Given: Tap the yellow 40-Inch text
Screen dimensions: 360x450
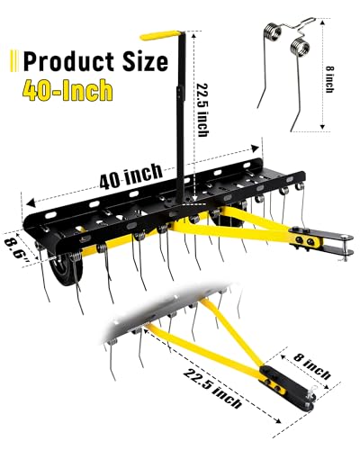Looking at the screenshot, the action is pyautogui.click(x=67, y=90).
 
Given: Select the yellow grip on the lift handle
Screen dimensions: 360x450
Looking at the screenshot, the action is pyautogui.click(x=160, y=35).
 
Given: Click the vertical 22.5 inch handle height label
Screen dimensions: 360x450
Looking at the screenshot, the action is pyautogui.click(x=202, y=110).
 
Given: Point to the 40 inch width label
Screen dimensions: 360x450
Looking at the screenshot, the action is pyautogui.click(x=131, y=175).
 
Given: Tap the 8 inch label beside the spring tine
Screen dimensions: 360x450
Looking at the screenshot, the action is pyautogui.click(x=329, y=79).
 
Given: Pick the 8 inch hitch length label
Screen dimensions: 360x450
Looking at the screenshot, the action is pyautogui.click(x=312, y=365).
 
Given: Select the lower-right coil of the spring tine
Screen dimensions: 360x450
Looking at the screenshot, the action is pyautogui.click(x=299, y=46).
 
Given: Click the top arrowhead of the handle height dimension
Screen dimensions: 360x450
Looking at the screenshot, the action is pyautogui.click(x=194, y=36).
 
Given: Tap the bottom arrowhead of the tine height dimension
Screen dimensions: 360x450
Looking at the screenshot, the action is pyautogui.click(x=323, y=126).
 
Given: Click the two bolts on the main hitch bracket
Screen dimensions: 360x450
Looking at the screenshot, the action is pyautogui.click(x=306, y=240).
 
